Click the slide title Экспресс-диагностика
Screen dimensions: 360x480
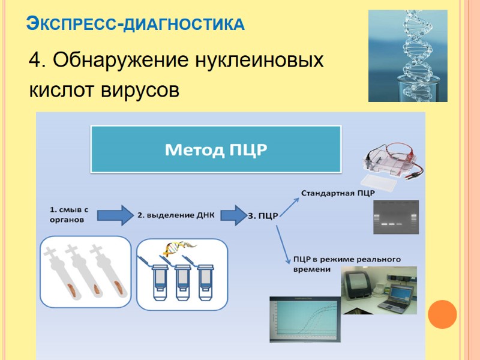[x=136, y=25]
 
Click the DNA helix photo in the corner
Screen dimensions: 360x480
[x=407, y=55]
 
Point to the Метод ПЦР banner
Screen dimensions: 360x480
[x=215, y=149]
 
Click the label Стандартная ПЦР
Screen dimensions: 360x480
[x=337, y=193]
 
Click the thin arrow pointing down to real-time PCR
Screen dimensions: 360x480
[x=282, y=243]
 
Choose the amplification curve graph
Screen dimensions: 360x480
[x=304, y=323]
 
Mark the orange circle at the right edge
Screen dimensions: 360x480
[x=445, y=314]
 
